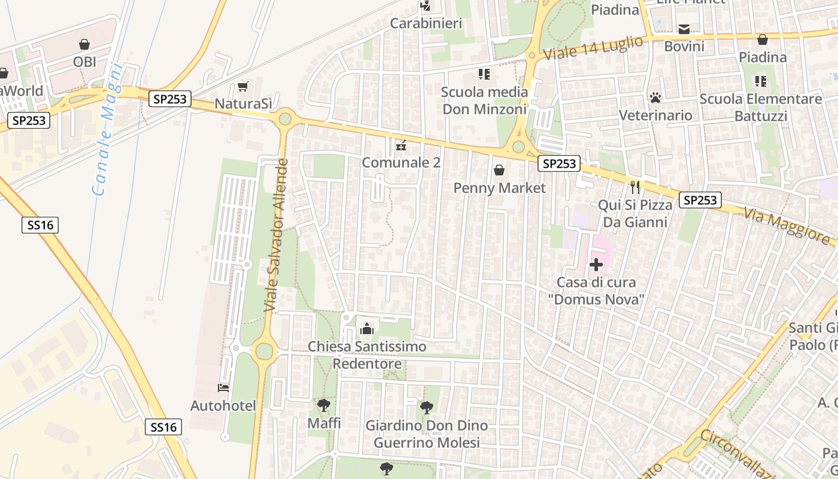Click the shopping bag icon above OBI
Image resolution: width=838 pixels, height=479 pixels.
click(84, 44)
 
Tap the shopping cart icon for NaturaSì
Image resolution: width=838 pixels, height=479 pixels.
click(242, 87)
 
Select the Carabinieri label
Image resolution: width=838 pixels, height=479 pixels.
click(426, 23)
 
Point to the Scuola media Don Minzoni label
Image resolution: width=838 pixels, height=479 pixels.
click(485, 101)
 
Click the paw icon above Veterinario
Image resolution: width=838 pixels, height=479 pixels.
click(655, 97)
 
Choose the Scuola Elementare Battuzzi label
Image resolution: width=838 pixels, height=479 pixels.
click(761, 107)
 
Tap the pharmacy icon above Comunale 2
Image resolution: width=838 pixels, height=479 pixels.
click(401, 145)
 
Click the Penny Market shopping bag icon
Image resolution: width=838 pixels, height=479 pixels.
click(499, 171)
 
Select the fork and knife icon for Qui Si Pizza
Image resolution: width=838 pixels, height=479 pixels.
click(635, 187)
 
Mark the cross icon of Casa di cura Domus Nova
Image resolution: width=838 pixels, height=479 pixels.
click(596, 264)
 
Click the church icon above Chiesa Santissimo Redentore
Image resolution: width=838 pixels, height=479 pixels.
click(367, 329)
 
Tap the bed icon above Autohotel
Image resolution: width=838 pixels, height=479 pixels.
click(223, 388)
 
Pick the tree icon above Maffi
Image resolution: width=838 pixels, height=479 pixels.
click(324, 405)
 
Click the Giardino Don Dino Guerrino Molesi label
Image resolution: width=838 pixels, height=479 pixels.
click(427, 434)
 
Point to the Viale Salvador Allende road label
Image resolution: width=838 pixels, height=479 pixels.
click(277, 235)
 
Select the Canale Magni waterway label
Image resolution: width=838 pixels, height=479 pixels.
click(108, 129)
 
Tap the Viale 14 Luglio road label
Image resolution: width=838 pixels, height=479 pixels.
click(593, 47)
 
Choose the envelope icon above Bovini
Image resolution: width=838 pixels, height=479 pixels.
click(684, 29)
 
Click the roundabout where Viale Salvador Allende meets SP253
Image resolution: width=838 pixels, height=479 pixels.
click(285, 118)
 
